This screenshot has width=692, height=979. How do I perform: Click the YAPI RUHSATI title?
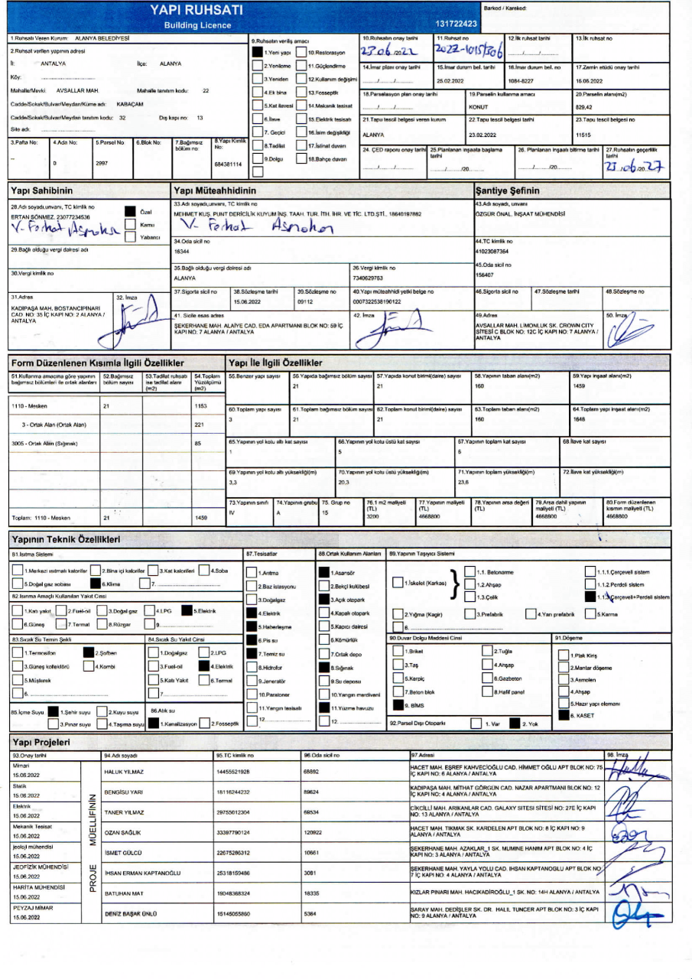click(x=197, y=10)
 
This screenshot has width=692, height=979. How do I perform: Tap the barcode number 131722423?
click(x=456, y=24)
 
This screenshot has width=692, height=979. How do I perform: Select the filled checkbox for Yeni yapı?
click(x=258, y=53)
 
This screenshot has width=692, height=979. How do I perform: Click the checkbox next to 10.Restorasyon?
click(x=301, y=53)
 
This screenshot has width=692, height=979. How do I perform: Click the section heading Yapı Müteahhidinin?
click(x=216, y=189)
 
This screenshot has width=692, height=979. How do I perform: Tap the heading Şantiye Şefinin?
click(x=508, y=189)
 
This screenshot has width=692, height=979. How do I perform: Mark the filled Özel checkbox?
click(x=129, y=212)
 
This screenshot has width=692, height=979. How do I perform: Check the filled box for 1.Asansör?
click(x=324, y=572)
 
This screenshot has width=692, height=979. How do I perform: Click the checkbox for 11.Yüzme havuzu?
click(x=324, y=708)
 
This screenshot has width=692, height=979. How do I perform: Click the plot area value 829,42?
click(x=584, y=107)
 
